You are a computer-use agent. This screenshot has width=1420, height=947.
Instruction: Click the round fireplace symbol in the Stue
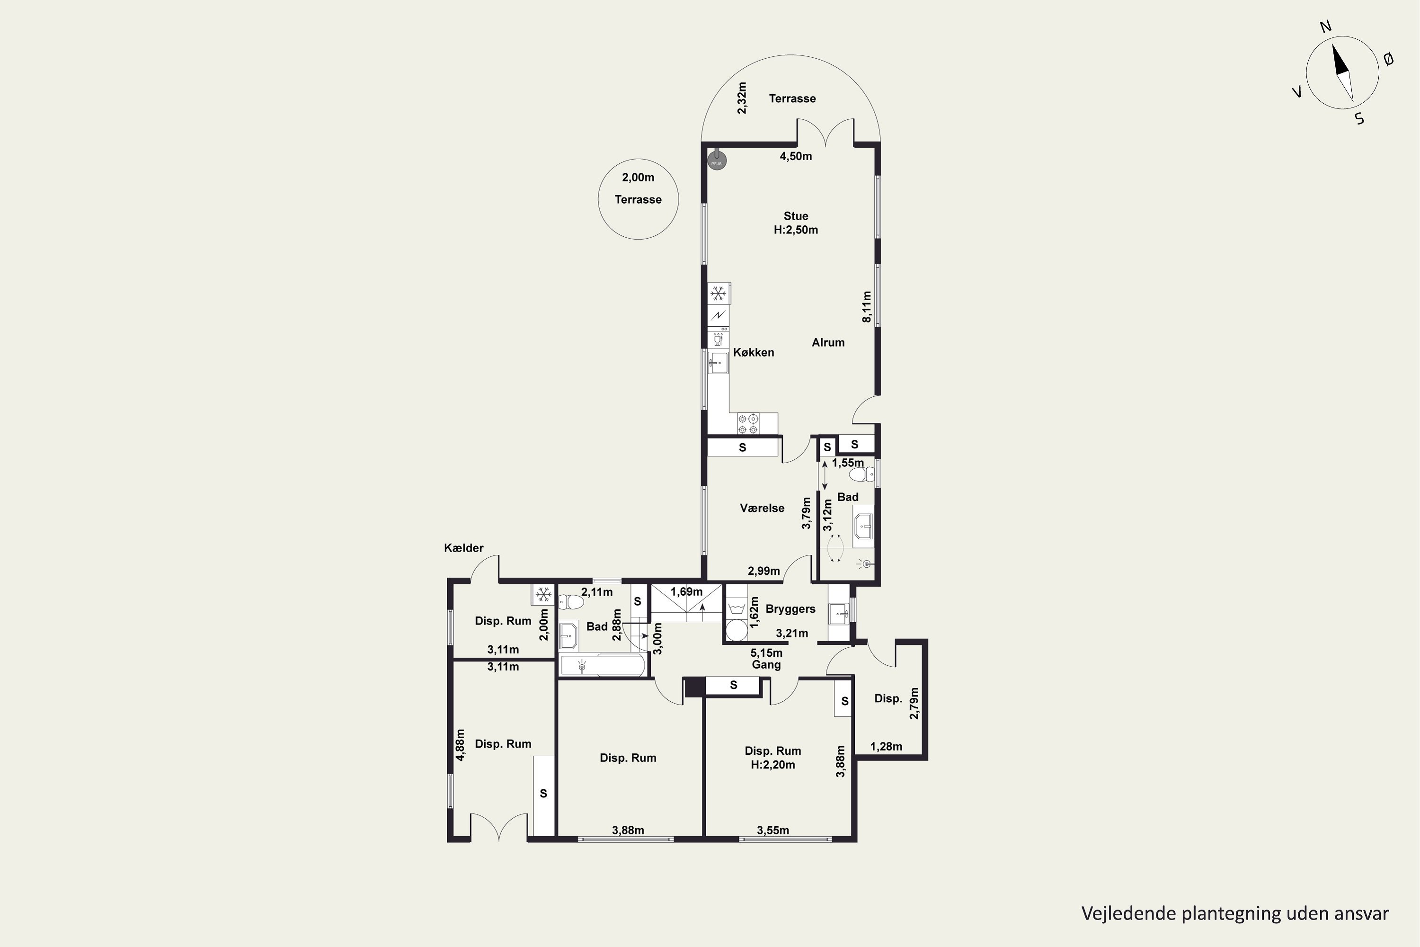[x=717, y=161]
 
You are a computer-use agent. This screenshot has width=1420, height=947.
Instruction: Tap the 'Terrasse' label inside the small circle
[x=638, y=200]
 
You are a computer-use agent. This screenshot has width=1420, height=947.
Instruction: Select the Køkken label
[x=754, y=353]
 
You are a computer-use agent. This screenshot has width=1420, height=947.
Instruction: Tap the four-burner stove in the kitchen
[x=748, y=423]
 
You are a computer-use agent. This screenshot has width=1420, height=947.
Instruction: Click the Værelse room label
[x=762, y=509]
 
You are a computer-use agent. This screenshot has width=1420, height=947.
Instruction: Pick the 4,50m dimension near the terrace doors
[x=796, y=156]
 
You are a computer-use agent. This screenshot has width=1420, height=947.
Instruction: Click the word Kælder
[x=464, y=548]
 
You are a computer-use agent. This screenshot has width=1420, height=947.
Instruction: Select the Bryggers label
[x=790, y=609]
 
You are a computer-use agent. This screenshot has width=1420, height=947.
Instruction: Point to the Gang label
[x=766, y=665]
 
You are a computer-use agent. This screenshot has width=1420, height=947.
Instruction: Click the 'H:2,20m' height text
[x=773, y=765]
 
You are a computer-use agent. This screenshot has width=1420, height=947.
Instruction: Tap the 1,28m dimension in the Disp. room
[x=886, y=747]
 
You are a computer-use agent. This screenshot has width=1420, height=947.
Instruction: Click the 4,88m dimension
[x=460, y=745]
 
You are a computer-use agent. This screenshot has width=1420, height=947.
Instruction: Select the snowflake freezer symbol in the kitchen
[x=718, y=294]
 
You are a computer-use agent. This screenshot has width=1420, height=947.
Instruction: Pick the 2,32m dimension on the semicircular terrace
[x=742, y=98]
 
